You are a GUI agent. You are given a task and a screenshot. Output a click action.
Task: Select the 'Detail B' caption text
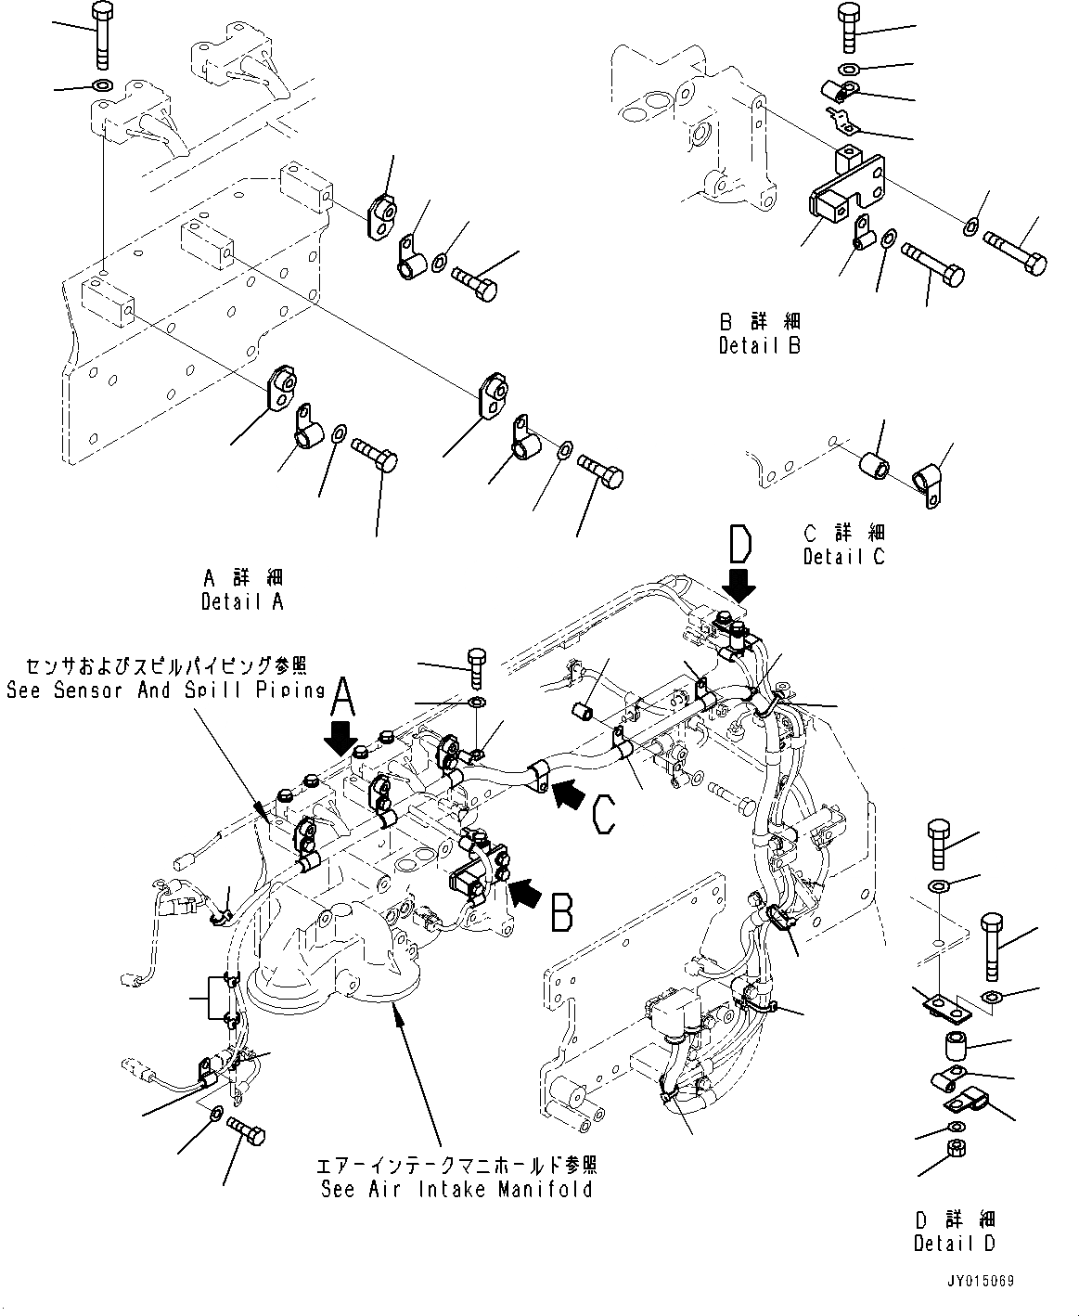point(759,345)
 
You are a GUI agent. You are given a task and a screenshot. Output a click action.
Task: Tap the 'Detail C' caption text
point(843,556)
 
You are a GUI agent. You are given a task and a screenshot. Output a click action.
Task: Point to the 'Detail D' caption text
point(954,1243)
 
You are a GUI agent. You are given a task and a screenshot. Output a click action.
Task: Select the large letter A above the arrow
point(342,695)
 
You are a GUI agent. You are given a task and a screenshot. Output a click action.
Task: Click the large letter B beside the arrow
point(561,910)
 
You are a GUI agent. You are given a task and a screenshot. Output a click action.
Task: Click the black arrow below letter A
point(342,739)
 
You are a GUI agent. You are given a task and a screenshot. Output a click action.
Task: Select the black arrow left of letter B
point(524,895)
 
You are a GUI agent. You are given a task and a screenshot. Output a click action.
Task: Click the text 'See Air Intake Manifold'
point(456,1189)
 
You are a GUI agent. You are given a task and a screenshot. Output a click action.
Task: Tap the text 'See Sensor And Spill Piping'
point(165,690)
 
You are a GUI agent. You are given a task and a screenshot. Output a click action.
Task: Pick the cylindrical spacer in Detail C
point(873,463)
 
